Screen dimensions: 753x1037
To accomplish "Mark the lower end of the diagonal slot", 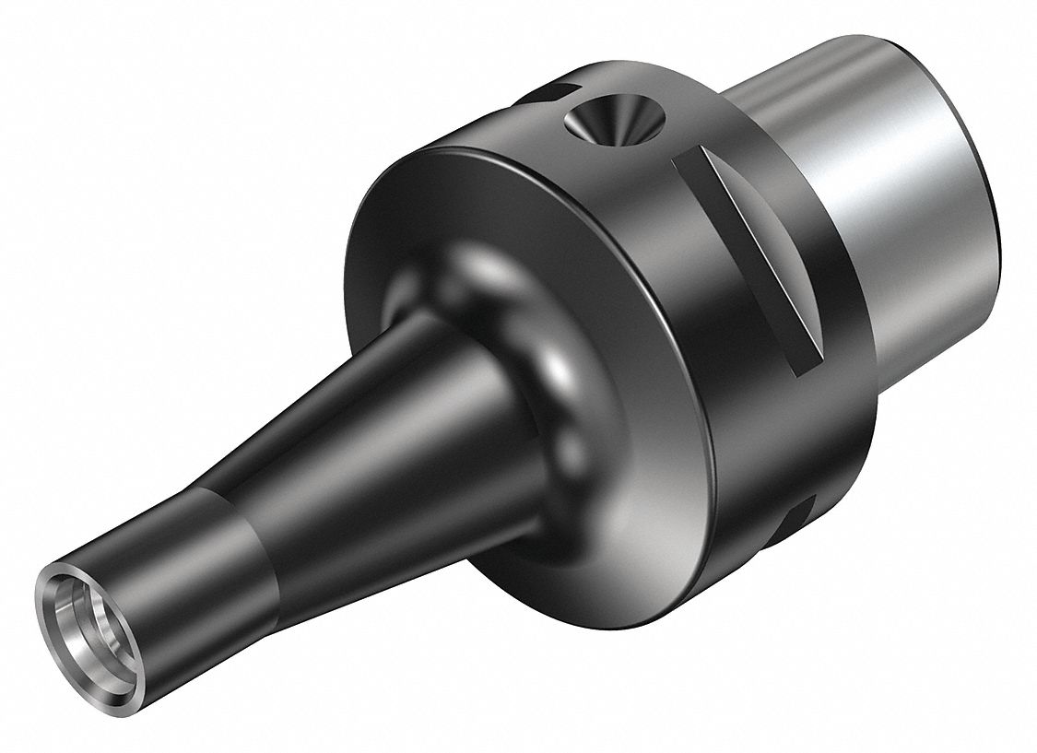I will click(x=811, y=364).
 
